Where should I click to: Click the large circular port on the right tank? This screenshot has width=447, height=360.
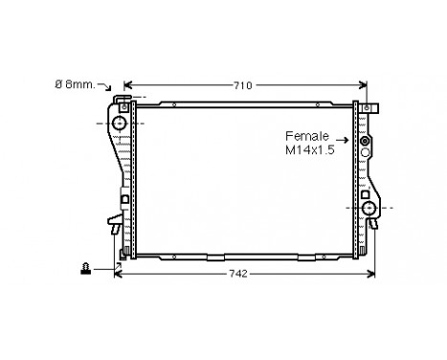(369, 210)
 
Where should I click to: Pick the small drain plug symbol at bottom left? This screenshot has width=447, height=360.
(86, 270)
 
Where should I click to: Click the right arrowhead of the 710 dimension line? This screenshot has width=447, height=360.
(364, 85)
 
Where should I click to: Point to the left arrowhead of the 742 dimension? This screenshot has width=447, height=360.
(118, 273)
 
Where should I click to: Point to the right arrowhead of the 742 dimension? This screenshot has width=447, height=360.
(374, 273)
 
